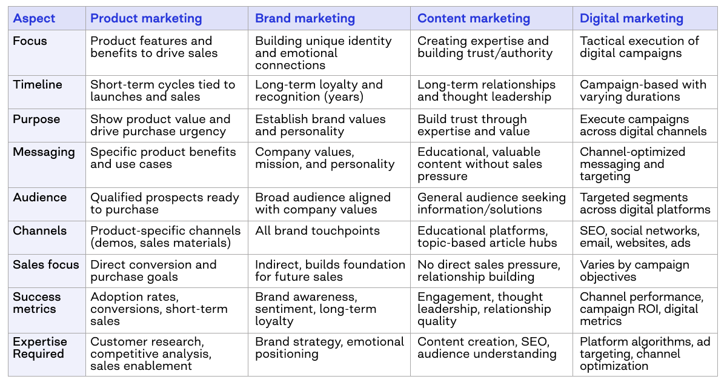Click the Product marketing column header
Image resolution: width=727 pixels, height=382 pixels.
tap(146, 18)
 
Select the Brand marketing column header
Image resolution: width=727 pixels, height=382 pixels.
tap(305, 18)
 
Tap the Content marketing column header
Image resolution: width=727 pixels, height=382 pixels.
tap(473, 18)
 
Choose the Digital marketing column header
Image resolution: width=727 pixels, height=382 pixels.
tap(631, 18)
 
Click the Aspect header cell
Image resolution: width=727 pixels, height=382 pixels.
tap(34, 18)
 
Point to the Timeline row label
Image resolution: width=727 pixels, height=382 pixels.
tap(38, 84)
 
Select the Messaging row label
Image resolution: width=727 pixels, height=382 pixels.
tap(44, 152)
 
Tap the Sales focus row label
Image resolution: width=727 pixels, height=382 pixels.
tap(46, 264)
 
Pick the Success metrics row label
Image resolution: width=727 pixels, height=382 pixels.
tap(37, 303)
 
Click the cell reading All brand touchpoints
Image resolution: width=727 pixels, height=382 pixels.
tap(317, 231)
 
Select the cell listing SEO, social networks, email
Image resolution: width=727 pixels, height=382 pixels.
tap(639, 237)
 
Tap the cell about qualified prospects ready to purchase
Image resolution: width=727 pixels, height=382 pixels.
tap(165, 203)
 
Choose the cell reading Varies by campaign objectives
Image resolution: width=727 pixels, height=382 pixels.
tap(634, 270)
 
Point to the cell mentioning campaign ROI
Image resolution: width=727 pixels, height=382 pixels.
tap(641, 309)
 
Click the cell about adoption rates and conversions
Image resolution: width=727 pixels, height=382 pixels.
tap(159, 309)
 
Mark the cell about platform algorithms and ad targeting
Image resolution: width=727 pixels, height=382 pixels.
tap(645, 354)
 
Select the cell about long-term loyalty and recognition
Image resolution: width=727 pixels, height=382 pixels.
tap(319, 90)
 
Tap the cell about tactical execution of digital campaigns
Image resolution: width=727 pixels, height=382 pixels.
tap(639, 47)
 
